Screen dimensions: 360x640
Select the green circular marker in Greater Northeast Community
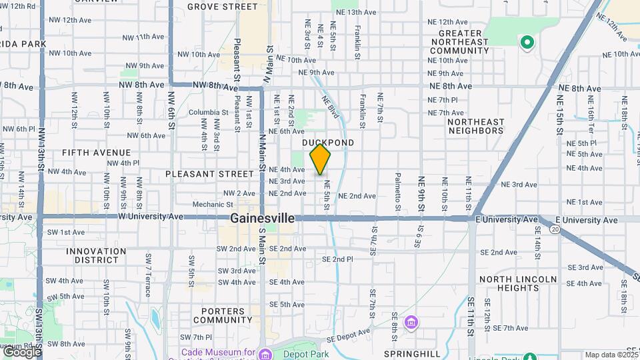[x=527, y=43]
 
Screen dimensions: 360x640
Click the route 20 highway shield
[x=555, y=229]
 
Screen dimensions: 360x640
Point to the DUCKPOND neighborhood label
[x=328, y=143]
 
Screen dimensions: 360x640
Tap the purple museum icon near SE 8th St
[x=412, y=323]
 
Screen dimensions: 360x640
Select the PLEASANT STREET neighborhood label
[x=210, y=174]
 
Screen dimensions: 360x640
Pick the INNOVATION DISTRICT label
[x=96, y=255]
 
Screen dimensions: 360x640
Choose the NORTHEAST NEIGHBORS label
[x=476, y=126]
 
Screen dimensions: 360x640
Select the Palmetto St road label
[x=397, y=192]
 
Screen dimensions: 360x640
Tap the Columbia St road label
[x=209, y=112]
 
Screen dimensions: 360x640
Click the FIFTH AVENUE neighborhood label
[x=96, y=152]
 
